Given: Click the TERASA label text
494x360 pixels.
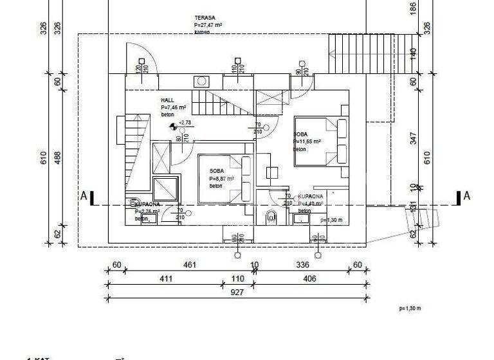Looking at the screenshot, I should pyautogui.click(x=205, y=18).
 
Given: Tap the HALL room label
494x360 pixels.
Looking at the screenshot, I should pyautogui.click(x=167, y=101).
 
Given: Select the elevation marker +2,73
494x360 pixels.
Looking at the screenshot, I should pyautogui.click(x=184, y=122).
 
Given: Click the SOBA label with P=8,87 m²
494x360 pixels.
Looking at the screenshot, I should pyautogui.click(x=216, y=171).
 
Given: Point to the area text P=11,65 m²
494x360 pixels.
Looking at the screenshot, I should pyautogui.click(x=307, y=141).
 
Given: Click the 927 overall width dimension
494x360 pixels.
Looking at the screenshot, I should pyautogui.click(x=255, y=292).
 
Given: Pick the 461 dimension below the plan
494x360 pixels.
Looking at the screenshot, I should pyautogui.click(x=189, y=265).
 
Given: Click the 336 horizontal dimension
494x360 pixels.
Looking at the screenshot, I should pyautogui.click(x=303, y=265).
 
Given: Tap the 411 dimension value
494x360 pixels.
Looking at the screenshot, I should pyautogui.click(x=166, y=278).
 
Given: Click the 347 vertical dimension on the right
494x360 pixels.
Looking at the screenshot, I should pyautogui.click(x=414, y=138).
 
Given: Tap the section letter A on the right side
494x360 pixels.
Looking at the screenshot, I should pyautogui.click(x=467, y=196).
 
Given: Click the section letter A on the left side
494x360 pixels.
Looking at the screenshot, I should pyautogui.click(x=84, y=196).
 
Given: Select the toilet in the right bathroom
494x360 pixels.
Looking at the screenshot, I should pyautogui.click(x=271, y=218).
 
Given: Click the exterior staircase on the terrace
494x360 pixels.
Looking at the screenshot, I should pyautogui.click(x=347, y=54).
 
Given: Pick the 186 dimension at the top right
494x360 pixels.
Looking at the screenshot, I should pyautogui.click(x=414, y=8).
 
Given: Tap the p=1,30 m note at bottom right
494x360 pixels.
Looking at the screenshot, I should pyautogui.click(x=409, y=309).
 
